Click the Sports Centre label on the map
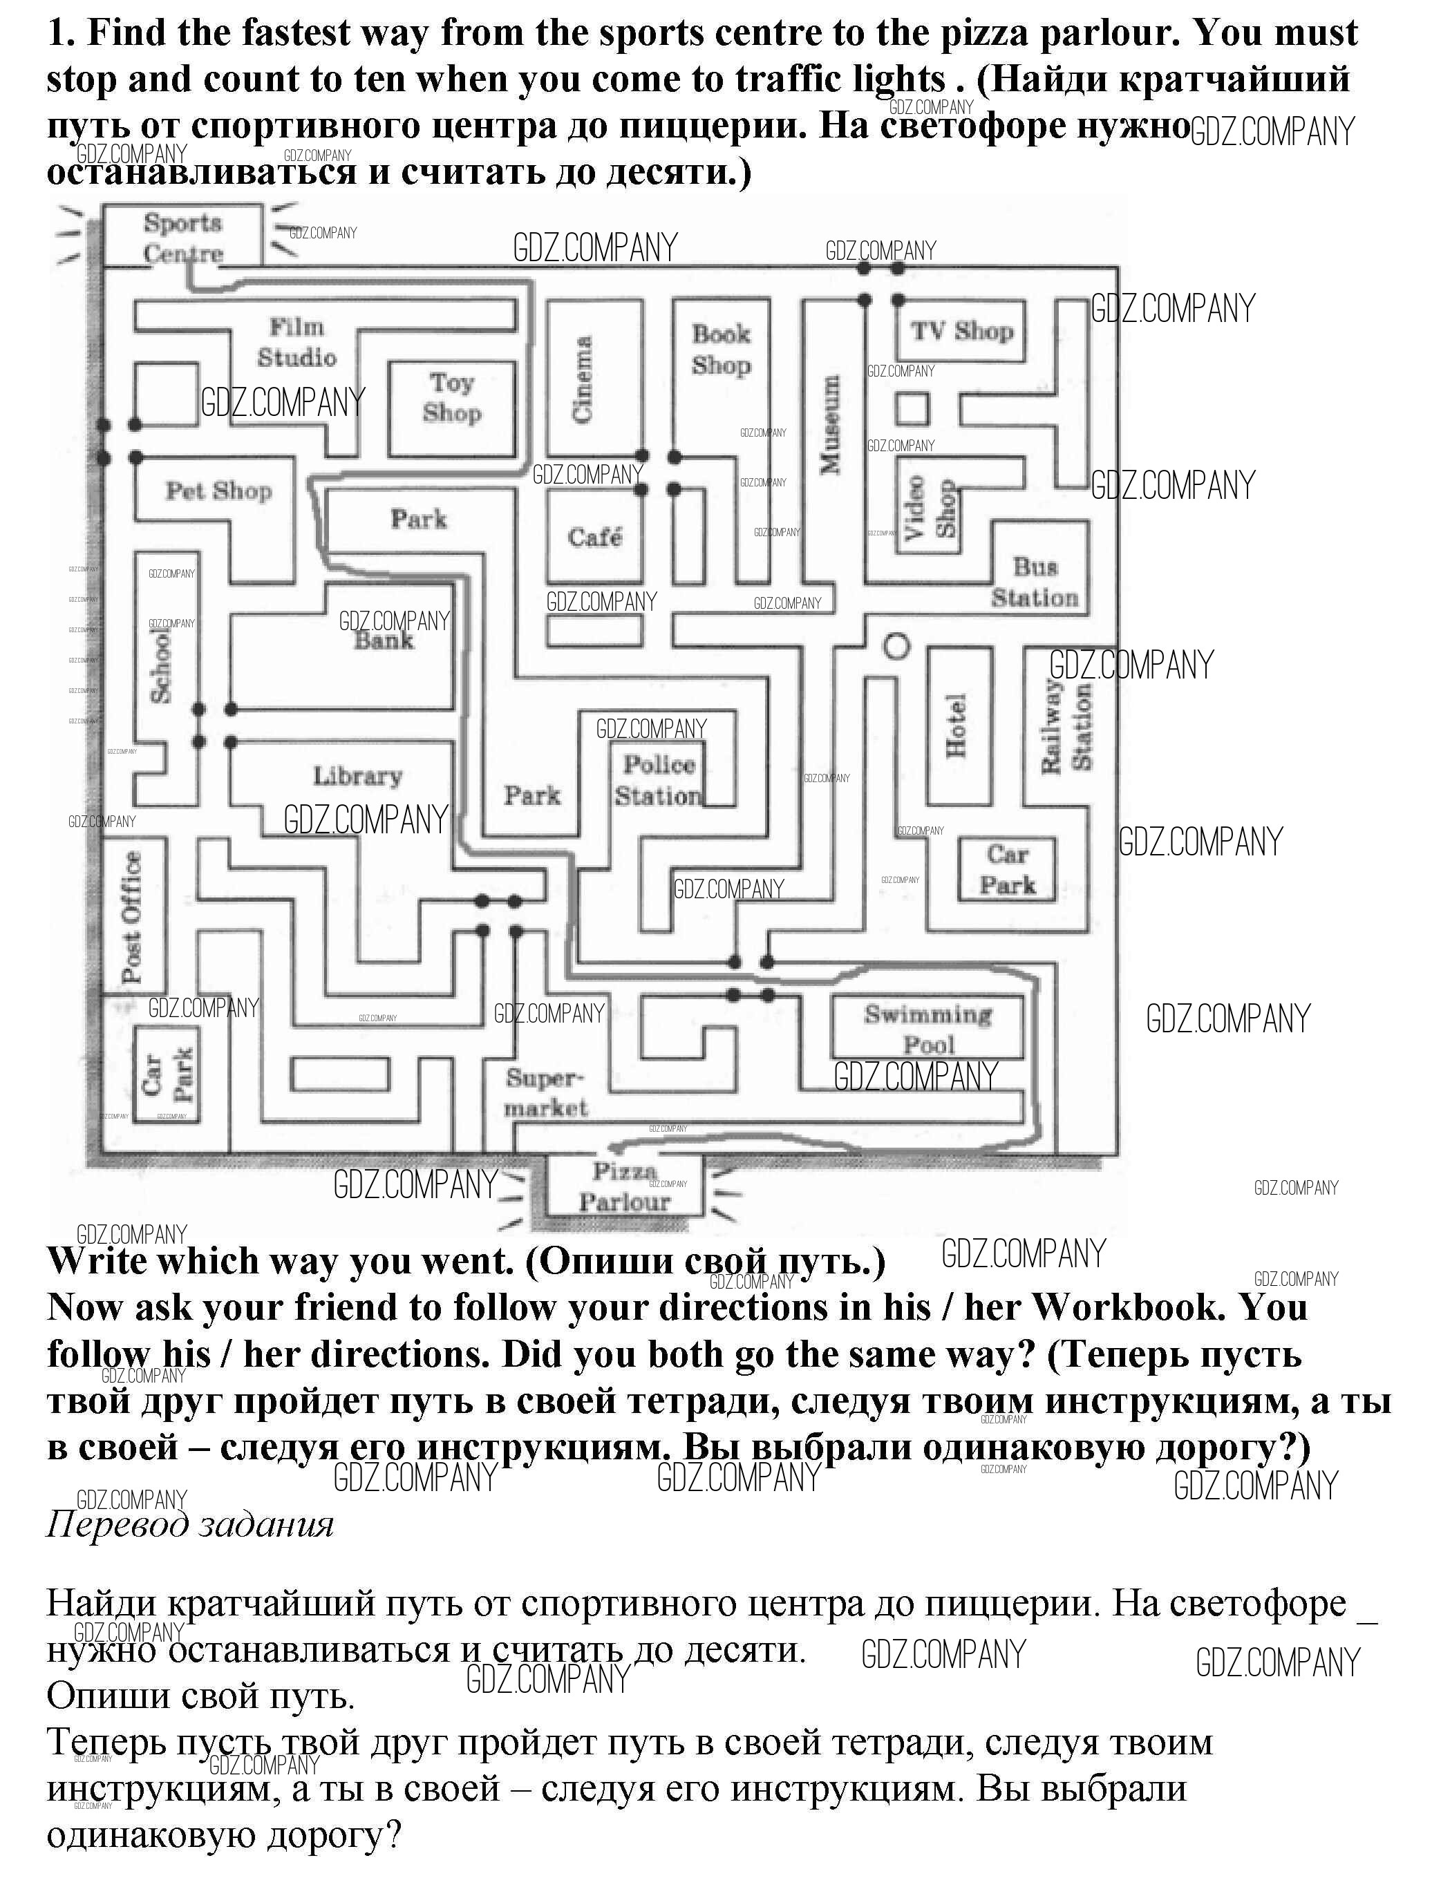[182, 238]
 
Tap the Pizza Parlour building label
[625, 1186]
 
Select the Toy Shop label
[451, 397]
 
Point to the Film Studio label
[297, 342]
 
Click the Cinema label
[582, 379]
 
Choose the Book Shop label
[721, 350]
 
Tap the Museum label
[829, 424]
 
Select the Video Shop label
[931, 509]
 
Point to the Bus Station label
[1035, 582]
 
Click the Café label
[595, 537]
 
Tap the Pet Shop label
[218, 491]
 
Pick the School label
[160, 666]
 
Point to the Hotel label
[957, 725]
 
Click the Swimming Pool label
[928, 1029]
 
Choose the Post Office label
[131, 917]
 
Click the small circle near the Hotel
[895, 647]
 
